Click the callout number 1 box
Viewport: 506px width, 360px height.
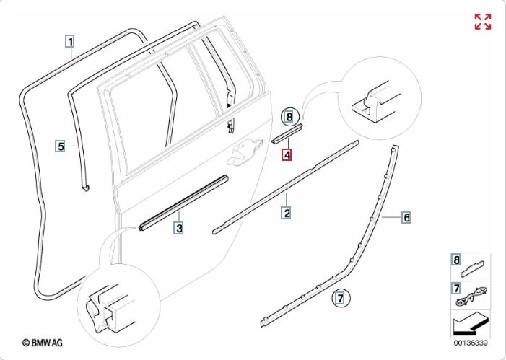click(70, 42)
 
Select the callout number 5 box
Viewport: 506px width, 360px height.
click(61, 146)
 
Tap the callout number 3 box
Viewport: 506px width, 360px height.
click(178, 229)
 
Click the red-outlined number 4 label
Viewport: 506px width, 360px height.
click(287, 154)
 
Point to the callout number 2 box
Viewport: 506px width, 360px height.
click(287, 213)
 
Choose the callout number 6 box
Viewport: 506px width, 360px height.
click(406, 217)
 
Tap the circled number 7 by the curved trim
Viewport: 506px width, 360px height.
click(341, 296)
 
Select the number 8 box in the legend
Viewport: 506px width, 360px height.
click(455, 260)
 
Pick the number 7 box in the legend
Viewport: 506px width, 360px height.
click(455, 289)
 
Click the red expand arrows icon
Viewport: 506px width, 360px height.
click(482, 22)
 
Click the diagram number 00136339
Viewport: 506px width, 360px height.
click(470, 343)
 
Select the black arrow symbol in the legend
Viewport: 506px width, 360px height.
click(469, 322)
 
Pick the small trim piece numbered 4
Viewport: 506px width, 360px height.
click(288, 133)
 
